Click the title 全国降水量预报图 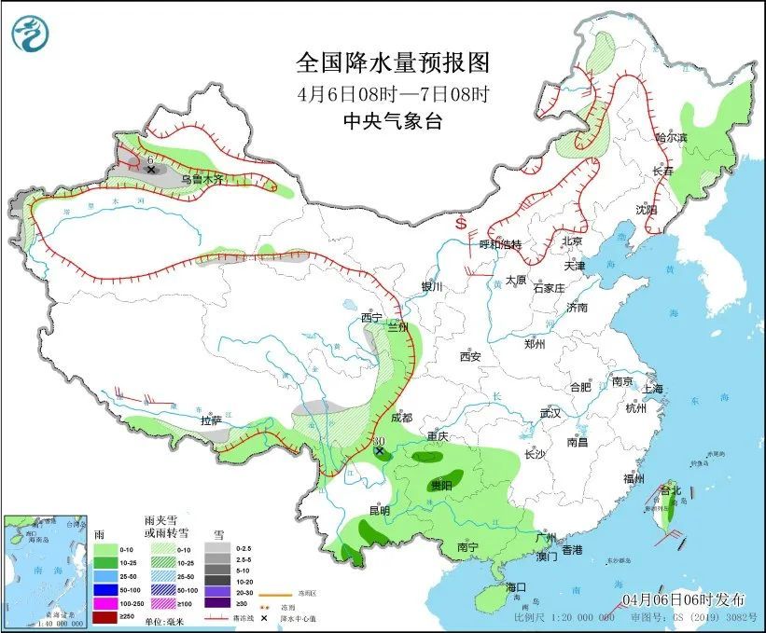pyautogui.click(x=392, y=62)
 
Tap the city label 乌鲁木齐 pyautogui.click(x=202, y=179)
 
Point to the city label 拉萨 pyautogui.click(x=211, y=420)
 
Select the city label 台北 pyautogui.click(x=671, y=489)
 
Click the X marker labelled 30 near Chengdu pyautogui.click(x=380, y=452)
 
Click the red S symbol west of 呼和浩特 pyautogui.click(x=460, y=225)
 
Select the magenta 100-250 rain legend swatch pyautogui.click(x=104, y=604)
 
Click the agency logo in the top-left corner pyautogui.click(x=29, y=35)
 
